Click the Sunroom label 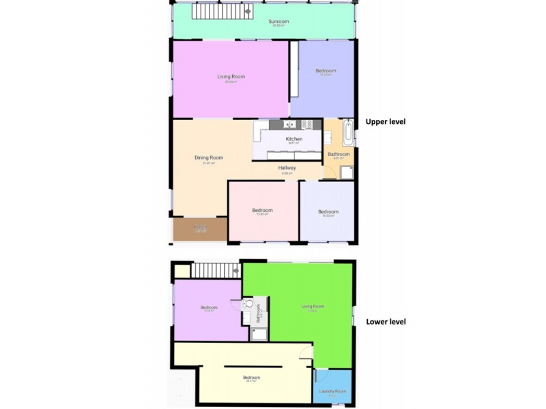(x=278, y=22)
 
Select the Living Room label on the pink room (x=231, y=77)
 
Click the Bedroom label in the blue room (x=326, y=71)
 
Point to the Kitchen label (x=294, y=139)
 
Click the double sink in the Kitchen (x=289, y=124)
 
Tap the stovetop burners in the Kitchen (x=309, y=124)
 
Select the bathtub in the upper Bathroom (x=348, y=133)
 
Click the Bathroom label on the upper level (x=339, y=155)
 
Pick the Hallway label (x=287, y=168)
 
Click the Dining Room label (x=209, y=158)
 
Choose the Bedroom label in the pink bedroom (x=262, y=211)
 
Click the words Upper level (x=386, y=122)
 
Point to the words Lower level (x=386, y=322)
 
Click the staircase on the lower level (x=214, y=271)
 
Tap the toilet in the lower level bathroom (x=248, y=303)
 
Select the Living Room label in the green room (x=313, y=307)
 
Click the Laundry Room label (x=332, y=392)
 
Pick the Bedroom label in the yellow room (x=251, y=378)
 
